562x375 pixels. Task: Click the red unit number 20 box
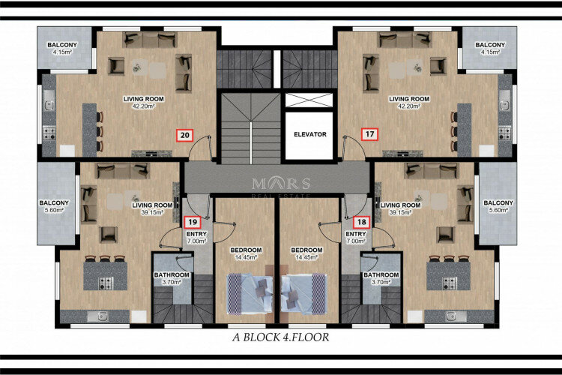[184, 136]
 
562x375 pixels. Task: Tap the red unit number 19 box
[191, 221]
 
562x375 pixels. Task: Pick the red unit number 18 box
[363, 221]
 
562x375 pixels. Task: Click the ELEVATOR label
[309, 134]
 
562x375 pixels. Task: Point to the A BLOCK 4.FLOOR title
[281, 337]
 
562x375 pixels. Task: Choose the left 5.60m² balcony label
[55, 206]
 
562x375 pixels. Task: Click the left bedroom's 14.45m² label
[245, 257]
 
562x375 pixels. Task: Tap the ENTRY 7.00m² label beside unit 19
[196, 238]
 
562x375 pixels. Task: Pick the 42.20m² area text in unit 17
[409, 106]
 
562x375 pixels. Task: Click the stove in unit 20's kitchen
[50, 134]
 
